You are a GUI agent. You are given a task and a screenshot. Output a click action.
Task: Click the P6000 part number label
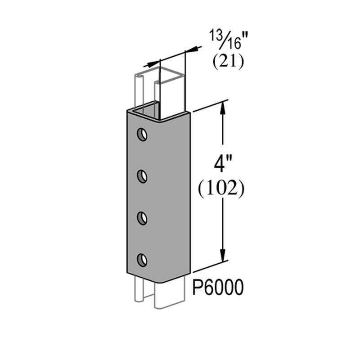218,288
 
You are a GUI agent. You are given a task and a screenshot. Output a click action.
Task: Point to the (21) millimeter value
228,62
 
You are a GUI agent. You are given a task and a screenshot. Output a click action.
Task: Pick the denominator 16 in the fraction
233,44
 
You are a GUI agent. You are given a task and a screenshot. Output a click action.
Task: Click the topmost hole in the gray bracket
142,134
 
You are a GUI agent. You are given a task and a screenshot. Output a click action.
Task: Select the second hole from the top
142,176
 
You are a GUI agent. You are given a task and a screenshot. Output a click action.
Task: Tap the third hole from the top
142,218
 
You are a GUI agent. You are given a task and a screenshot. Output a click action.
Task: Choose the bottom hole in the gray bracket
142,261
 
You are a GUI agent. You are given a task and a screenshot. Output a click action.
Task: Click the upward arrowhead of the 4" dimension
223,110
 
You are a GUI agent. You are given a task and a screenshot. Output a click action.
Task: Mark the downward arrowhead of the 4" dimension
223,253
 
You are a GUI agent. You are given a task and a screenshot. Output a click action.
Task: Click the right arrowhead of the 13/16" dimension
193,50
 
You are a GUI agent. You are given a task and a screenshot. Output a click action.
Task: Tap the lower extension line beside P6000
211,266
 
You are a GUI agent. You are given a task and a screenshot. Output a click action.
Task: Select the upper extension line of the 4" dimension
211,106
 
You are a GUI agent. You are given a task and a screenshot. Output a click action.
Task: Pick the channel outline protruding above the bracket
161,92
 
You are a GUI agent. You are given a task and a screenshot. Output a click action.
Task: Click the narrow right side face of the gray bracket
188,195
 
